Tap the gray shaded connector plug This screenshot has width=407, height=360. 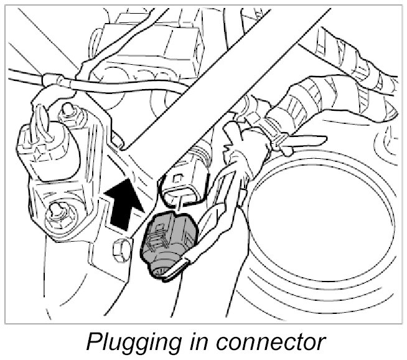click(166, 242)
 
